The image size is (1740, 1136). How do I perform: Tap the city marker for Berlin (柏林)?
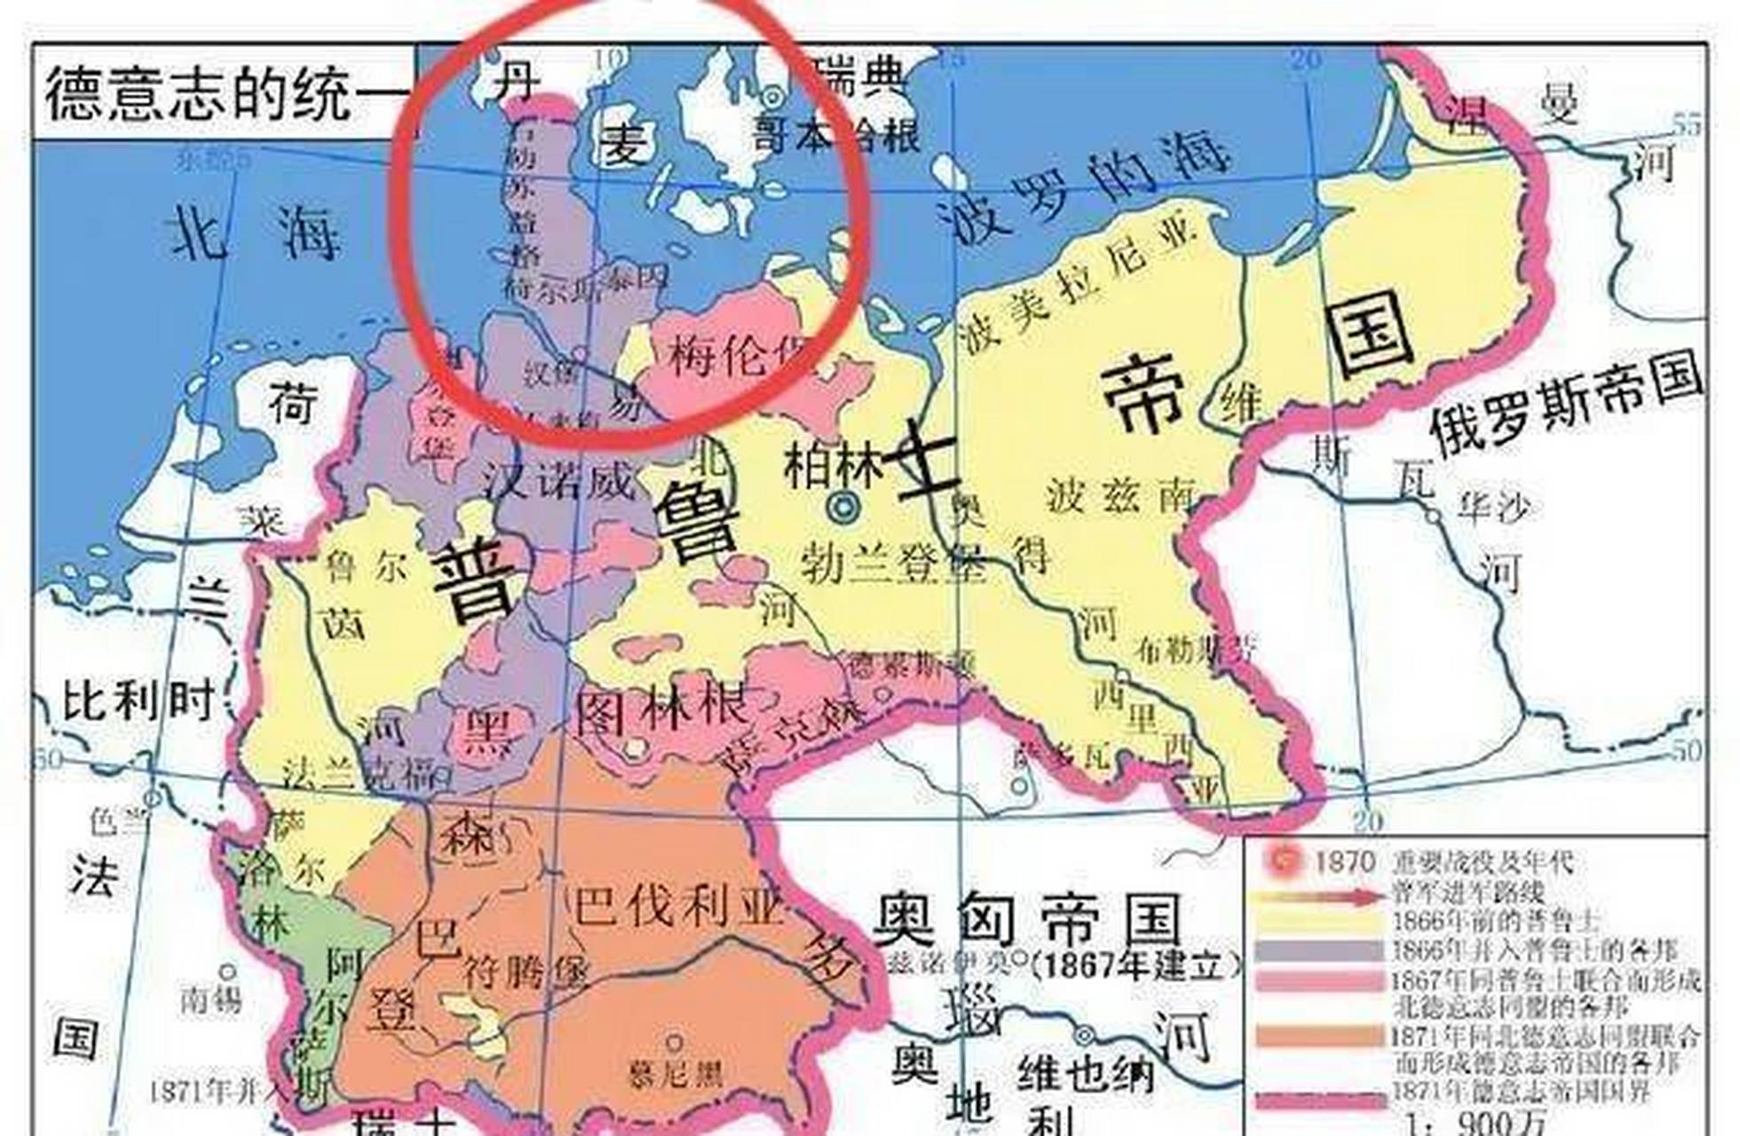point(842,507)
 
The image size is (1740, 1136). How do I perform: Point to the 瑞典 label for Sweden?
point(859,76)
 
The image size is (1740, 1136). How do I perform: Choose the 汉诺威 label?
point(559,482)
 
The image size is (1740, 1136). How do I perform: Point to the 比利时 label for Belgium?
point(138,701)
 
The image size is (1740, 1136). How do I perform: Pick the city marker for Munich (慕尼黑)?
point(675,1042)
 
